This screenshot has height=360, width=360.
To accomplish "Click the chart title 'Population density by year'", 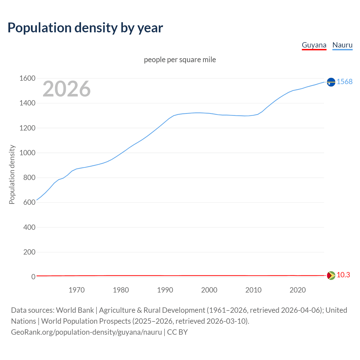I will (x=85, y=28).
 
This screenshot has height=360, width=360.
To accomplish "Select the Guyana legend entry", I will (x=314, y=45).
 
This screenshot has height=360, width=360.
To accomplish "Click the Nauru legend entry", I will (x=342, y=45).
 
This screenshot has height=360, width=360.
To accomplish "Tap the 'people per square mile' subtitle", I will (x=180, y=60).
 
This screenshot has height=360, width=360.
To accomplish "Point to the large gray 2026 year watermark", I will (x=67, y=89).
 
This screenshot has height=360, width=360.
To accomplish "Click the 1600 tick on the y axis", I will (x=27, y=78).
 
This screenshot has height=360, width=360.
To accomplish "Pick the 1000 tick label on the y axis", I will (x=27, y=153).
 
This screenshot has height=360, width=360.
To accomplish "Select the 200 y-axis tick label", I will (x=29, y=252).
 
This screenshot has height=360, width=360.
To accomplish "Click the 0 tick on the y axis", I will (x=33, y=277).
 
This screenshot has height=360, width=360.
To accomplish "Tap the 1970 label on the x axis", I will (x=76, y=290).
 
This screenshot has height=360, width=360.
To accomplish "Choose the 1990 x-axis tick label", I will (x=165, y=290).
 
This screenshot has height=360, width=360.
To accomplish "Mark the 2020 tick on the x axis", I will (x=298, y=290).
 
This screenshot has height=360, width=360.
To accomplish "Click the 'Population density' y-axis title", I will (x=12, y=174).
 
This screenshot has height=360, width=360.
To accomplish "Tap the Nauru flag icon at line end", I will (x=331, y=82).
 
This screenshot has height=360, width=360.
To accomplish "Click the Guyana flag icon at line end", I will (x=331, y=275).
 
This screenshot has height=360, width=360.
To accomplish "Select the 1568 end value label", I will (x=345, y=82).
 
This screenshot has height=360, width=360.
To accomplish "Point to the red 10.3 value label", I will (x=343, y=275).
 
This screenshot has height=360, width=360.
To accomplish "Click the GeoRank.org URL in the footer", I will (x=86, y=332).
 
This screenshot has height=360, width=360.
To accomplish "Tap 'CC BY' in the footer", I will (x=177, y=332).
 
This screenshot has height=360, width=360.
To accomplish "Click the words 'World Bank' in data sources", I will (x=75, y=310).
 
